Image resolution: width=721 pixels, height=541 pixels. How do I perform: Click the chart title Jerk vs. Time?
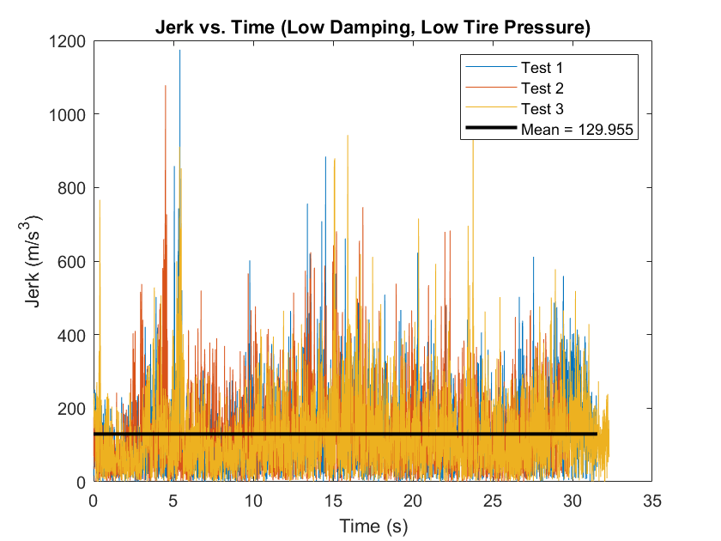[373, 27]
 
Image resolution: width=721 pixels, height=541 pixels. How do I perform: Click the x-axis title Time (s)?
[373, 524]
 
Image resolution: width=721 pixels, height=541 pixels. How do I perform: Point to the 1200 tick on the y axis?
[67, 40]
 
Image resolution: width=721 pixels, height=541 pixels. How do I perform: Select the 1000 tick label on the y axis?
[67, 114]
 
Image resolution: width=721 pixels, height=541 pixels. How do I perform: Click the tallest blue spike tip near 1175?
[180, 51]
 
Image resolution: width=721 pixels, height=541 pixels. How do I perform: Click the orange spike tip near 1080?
[165, 86]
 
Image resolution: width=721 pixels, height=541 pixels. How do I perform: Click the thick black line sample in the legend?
[489, 130]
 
